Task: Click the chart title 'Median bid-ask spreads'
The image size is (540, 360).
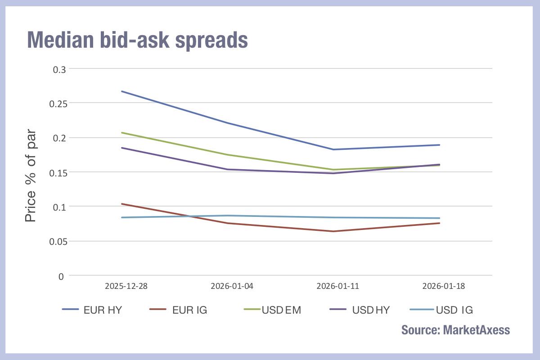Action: click(137, 40)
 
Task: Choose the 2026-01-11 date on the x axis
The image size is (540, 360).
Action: click(333, 286)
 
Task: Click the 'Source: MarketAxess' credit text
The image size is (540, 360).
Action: click(455, 330)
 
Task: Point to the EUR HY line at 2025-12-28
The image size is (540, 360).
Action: click(122, 91)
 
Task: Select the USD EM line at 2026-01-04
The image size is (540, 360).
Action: click(228, 155)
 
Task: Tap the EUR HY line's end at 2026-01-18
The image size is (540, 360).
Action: click(439, 145)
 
